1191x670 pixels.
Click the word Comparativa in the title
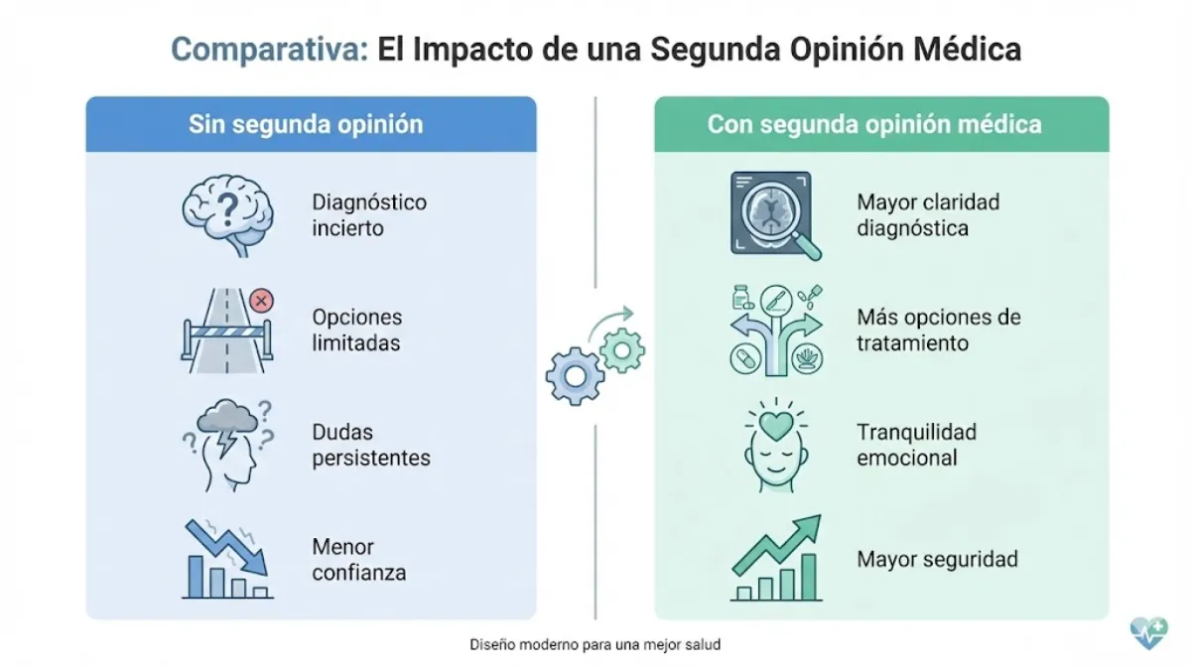click(269, 49)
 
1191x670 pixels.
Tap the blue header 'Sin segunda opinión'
click(306, 124)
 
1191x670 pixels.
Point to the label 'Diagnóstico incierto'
click(369, 214)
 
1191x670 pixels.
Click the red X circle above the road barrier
click(262, 300)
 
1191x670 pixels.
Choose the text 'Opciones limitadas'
click(357, 330)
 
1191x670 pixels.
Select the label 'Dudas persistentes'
click(371, 445)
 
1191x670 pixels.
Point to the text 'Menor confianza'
click(358, 559)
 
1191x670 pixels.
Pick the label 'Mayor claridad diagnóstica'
click(928, 214)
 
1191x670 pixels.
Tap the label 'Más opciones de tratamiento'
click(938, 330)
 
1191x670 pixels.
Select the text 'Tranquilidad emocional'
click(916, 445)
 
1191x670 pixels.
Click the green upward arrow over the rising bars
click(779, 544)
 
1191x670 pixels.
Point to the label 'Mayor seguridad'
click(937, 559)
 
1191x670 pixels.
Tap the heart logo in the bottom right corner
click(1149, 631)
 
